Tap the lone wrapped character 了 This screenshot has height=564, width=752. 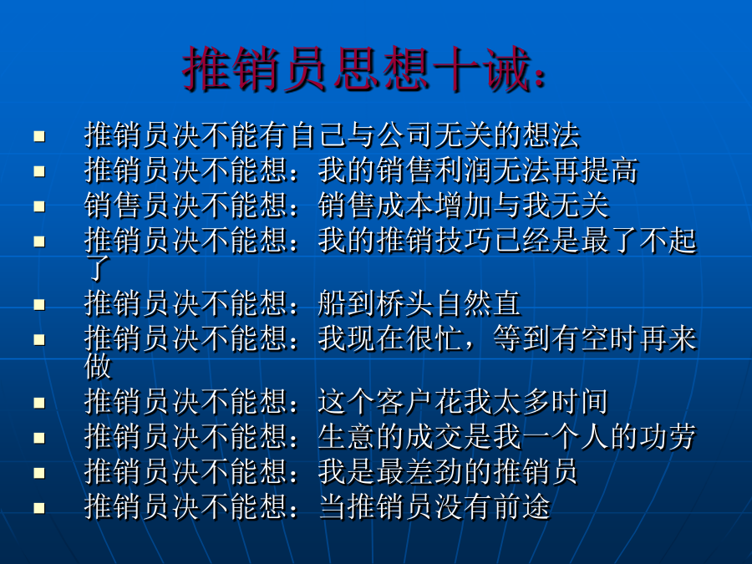click(x=98, y=268)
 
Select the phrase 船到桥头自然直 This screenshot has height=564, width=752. click(x=419, y=303)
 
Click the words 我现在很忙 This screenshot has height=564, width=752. click(x=390, y=338)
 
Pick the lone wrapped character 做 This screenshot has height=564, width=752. click(x=98, y=367)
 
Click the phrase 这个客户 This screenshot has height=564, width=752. click(x=376, y=402)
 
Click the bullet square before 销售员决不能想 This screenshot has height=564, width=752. click(x=39, y=206)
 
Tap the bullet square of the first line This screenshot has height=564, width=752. click(x=39, y=136)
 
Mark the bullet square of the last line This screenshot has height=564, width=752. click(x=39, y=508)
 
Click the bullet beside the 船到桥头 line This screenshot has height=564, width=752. click(x=39, y=305)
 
